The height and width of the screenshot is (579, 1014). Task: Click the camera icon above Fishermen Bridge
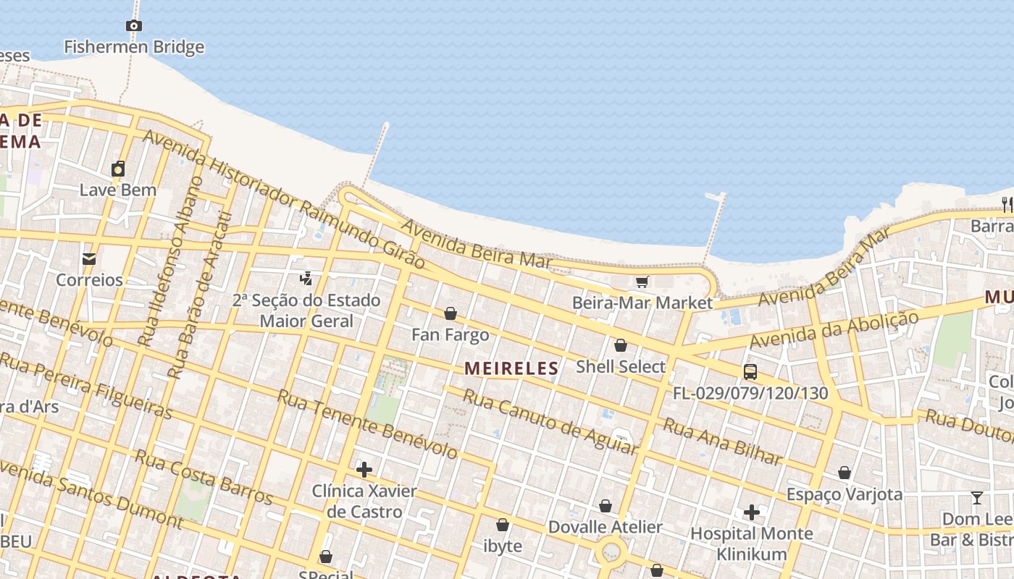133,26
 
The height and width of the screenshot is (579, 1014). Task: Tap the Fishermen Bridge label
134,47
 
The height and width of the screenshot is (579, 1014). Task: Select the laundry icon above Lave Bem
118,169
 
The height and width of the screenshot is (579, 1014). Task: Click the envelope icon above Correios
89,258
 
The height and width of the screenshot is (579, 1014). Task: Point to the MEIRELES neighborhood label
511,368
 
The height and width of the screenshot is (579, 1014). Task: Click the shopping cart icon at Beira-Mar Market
642,282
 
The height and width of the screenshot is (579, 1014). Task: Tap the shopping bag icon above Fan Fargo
451,313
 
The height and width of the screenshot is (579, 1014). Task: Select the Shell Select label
620,367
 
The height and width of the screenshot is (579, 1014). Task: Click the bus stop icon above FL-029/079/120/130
750,372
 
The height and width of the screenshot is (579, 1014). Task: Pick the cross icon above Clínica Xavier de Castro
364,470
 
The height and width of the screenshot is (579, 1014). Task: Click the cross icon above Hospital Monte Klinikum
752,512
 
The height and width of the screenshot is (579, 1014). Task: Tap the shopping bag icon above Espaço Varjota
845,473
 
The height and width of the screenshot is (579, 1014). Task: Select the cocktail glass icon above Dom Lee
976,498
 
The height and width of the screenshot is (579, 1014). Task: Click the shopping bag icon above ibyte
503,524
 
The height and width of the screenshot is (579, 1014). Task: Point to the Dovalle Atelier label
605,527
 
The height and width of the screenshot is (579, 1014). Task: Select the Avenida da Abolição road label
834,329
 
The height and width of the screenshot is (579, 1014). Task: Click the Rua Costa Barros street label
204,477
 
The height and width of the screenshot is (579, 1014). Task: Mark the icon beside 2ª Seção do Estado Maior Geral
306,278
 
